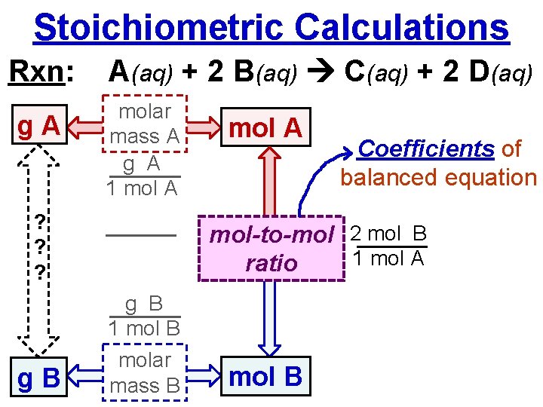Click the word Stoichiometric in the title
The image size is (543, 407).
158,27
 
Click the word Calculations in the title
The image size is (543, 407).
402,27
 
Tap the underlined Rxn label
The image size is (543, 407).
41,72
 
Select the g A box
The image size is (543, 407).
38,127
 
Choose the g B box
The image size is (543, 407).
38,375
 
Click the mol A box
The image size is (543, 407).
265,128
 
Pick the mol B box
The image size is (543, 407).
265,376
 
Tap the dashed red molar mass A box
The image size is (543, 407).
144,148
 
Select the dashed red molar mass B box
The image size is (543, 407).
144,372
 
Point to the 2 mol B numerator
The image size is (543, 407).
388,234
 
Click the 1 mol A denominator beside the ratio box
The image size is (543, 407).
388,259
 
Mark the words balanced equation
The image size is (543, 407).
438,178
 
